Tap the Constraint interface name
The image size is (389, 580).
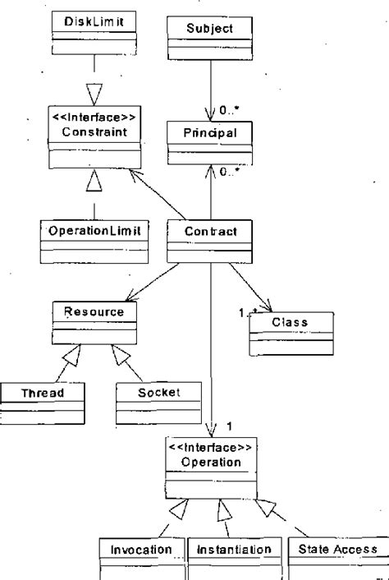[x=94, y=133]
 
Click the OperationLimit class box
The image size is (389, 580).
[x=94, y=240]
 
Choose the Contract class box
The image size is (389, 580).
[x=208, y=241]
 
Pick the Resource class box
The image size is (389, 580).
[x=94, y=321]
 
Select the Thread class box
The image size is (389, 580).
[x=43, y=401]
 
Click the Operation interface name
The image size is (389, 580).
[x=210, y=463]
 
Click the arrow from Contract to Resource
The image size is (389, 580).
[x=157, y=283]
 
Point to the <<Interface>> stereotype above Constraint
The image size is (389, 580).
[x=94, y=119]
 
